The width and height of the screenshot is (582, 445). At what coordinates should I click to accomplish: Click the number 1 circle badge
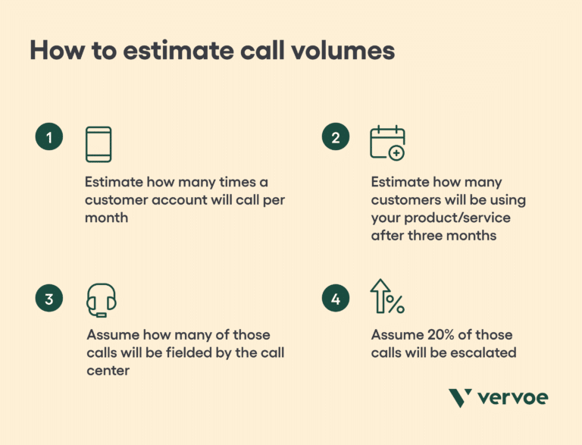coord(48,138)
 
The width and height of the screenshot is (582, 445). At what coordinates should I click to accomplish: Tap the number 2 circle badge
coord(335,138)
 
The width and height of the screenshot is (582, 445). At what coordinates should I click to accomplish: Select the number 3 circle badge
coord(48,299)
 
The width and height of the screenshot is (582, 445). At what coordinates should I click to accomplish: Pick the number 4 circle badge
coord(335,299)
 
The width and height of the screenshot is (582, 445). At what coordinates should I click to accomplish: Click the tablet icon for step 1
coord(99,144)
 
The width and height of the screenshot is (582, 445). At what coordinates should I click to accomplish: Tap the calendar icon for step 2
coord(386,143)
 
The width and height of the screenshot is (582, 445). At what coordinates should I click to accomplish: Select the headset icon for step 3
coord(101,300)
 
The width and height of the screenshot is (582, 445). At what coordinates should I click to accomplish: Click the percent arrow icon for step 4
coord(386,296)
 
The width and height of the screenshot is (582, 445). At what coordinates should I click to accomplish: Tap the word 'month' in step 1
coord(106,218)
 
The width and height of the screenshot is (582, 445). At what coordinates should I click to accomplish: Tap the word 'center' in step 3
coord(108,370)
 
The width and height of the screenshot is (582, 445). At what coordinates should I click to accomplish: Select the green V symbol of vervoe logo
coord(461,398)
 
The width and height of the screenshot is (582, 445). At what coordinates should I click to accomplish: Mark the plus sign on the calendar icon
coord(396,153)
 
